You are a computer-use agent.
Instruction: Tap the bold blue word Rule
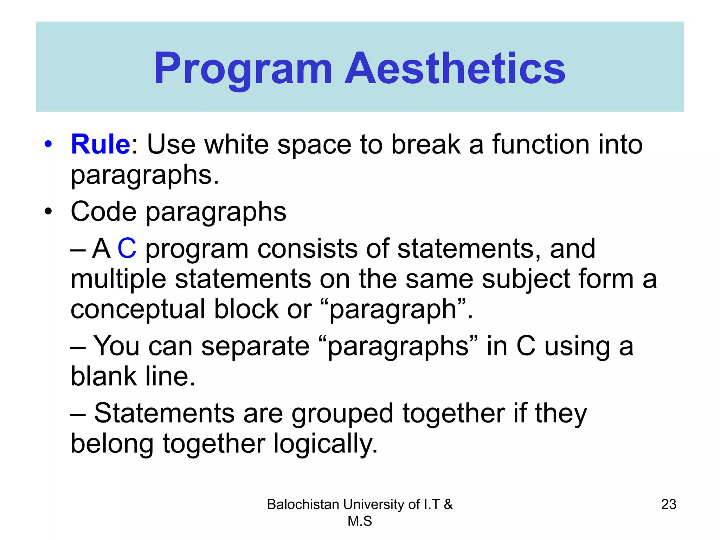click(101, 144)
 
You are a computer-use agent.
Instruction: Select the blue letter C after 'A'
click(127, 248)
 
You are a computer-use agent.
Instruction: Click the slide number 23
click(669, 504)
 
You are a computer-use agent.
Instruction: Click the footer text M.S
click(360, 521)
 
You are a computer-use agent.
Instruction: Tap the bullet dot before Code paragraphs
click(48, 212)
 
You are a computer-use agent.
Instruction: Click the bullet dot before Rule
click(48, 144)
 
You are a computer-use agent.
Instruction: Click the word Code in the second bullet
click(103, 212)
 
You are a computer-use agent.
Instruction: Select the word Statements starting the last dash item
click(164, 413)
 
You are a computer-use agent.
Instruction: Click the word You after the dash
click(116, 346)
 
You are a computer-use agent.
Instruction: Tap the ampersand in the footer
click(448, 504)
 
